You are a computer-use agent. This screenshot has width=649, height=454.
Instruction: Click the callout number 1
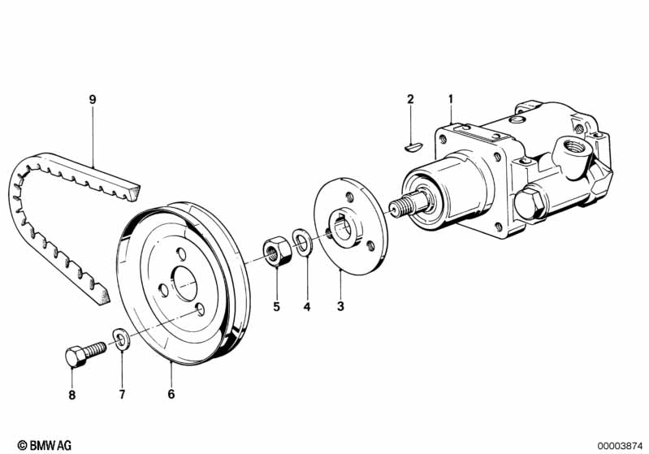click(x=449, y=99)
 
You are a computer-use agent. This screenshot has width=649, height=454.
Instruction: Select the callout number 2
click(x=410, y=99)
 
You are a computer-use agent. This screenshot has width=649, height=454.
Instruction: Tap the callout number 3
click(x=340, y=306)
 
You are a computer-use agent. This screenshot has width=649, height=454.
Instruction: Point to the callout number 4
click(x=307, y=306)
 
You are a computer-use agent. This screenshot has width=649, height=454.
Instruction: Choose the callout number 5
click(x=276, y=306)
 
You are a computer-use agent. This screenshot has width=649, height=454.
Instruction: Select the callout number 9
click(x=93, y=99)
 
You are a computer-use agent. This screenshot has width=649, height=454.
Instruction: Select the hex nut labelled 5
click(x=275, y=252)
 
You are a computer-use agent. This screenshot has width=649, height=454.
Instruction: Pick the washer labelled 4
click(x=302, y=243)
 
